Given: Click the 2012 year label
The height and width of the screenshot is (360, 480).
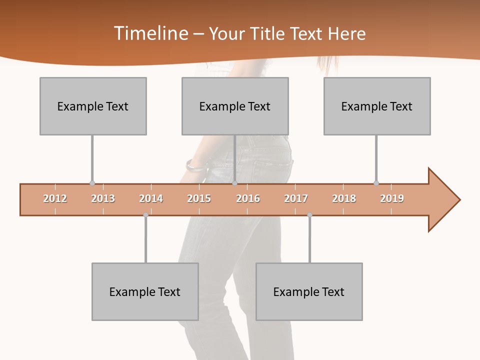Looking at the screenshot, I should point(55,198).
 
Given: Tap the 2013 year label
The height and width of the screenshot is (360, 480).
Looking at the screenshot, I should point(103,198).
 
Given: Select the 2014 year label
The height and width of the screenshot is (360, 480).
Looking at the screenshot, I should point(151,198).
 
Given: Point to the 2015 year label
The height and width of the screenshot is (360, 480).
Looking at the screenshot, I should point(199,198).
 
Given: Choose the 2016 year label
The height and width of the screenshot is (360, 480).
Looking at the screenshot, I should point(248,198).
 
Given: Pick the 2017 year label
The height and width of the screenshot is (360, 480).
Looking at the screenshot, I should point(296,198).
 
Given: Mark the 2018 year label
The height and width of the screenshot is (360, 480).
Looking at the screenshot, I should point(344,198).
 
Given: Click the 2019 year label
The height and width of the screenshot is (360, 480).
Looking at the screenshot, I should point(392,198).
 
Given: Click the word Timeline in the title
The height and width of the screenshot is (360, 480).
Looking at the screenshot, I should point(150,33).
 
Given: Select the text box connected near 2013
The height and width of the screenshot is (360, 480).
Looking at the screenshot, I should point(93,106).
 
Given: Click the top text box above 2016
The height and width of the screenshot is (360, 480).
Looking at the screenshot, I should point(235,106).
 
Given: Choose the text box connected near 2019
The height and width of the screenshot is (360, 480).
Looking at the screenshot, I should point(377,106).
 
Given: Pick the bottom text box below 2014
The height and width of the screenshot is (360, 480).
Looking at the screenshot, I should point(145,291).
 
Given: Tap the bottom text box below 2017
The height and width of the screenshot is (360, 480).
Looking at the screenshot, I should point(309,291).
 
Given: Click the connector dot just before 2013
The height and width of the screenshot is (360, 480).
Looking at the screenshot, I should point(92,183).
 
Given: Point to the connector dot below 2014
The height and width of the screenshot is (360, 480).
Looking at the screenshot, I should point(145,215).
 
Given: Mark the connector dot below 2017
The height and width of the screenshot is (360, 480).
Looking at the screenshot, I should point(309,215).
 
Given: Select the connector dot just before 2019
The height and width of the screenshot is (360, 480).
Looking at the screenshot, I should point(376,183).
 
